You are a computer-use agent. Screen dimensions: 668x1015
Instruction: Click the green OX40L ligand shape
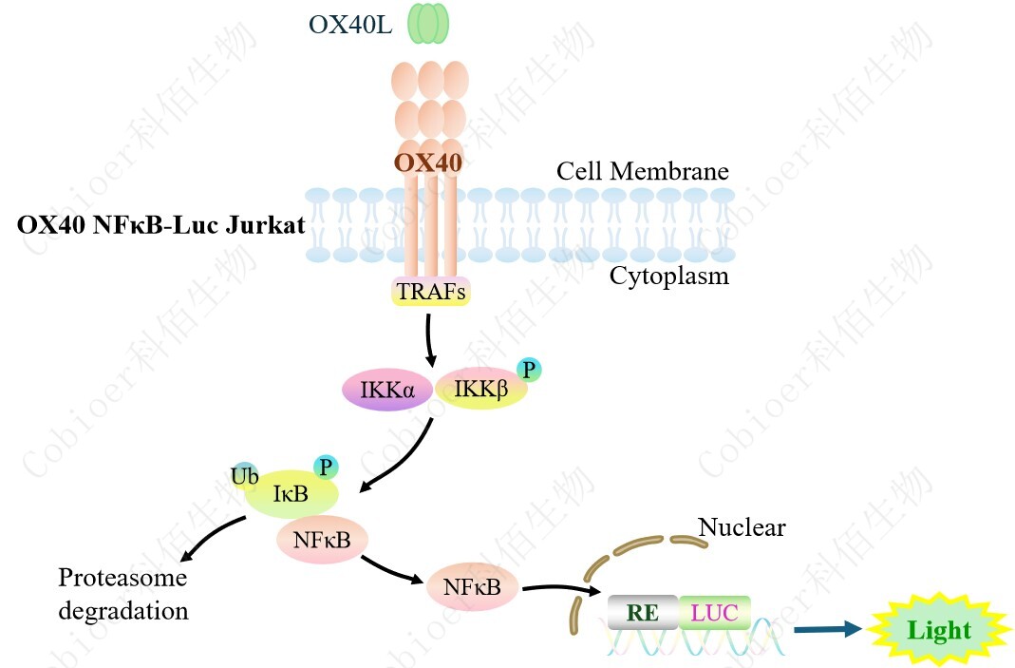point(428,24)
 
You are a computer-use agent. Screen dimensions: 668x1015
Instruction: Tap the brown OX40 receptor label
point(428,162)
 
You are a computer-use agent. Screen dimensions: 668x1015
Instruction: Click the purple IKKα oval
point(386,390)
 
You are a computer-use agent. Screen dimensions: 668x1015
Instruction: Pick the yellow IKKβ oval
point(479,391)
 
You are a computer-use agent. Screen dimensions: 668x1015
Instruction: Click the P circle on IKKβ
point(529,370)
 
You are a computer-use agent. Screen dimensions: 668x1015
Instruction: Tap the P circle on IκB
point(327,467)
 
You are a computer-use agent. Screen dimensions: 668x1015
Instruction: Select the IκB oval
point(291,494)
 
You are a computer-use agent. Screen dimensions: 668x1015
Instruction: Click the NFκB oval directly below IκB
point(322,540)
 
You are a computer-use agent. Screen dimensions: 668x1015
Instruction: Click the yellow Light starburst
point(938,630)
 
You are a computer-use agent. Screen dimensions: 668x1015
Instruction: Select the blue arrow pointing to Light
point(827,629)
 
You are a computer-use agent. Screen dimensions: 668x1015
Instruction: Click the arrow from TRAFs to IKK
point(430,338)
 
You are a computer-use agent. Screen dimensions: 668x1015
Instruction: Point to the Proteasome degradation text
point(123,593)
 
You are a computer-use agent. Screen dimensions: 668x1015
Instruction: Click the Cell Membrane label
point(642,171)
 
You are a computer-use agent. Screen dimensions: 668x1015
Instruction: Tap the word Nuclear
point(742,526)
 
